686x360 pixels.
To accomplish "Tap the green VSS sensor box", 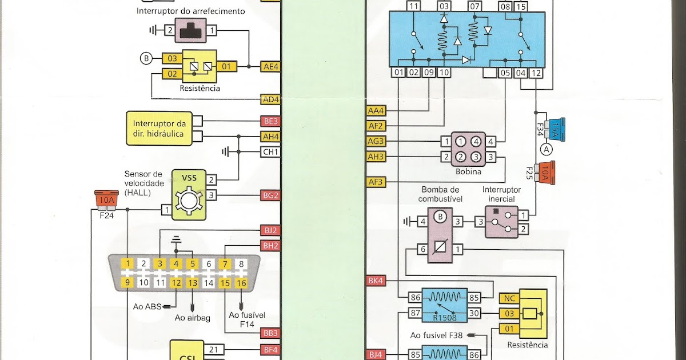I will click(189, 194).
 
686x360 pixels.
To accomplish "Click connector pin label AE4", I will click(270, 66).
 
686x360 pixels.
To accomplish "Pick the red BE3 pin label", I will click(270, 121).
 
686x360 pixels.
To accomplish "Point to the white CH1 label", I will click(270, 152).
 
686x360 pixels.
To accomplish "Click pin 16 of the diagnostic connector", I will click(241, 282).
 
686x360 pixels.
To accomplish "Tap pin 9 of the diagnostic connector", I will click(129, 282).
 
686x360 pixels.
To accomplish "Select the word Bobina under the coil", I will click(468, 171).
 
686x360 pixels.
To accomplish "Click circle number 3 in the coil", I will click(476, 157).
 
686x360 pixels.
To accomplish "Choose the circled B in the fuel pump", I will click(440, 217).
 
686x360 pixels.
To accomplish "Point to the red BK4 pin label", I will click(376, 281).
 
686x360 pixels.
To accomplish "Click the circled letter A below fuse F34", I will click(547, 150).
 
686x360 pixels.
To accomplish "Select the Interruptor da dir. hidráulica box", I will click(159, 129).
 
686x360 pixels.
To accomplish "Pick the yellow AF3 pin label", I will click(376, 182).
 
